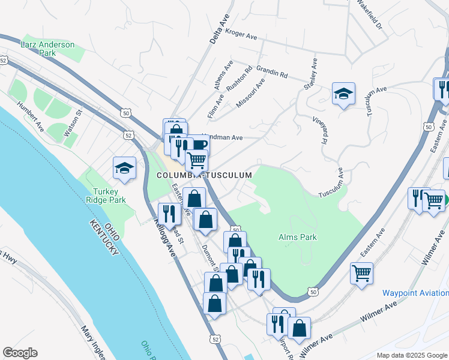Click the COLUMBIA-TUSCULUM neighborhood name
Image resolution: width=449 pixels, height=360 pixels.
tap(204, 175)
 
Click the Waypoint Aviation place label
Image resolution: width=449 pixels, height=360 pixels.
tap(415, 293)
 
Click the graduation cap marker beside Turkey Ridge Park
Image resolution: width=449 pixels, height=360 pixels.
tap(124, 169)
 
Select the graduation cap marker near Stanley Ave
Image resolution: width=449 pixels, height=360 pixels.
tap(343, 94)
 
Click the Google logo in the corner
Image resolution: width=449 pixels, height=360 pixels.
tap(20, 353)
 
